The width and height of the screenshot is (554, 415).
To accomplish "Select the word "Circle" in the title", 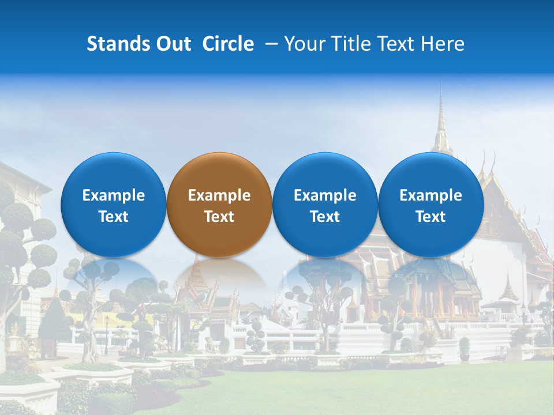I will click(x=228, y=44).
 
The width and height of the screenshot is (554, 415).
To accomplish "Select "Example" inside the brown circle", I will click(x=219, y=195).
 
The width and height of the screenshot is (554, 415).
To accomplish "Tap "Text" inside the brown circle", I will click(x=219, y=217).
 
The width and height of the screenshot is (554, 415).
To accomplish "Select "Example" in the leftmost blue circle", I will click(x=114, y=195).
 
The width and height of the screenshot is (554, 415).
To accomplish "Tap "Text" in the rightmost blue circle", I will click(x=431, y=217).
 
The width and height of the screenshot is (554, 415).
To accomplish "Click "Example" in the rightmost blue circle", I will click(x=431, y=195).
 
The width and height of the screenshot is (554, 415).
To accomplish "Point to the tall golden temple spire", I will click(x=441, y=121).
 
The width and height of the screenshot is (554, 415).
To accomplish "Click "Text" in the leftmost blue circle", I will click(x=114, y=217).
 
